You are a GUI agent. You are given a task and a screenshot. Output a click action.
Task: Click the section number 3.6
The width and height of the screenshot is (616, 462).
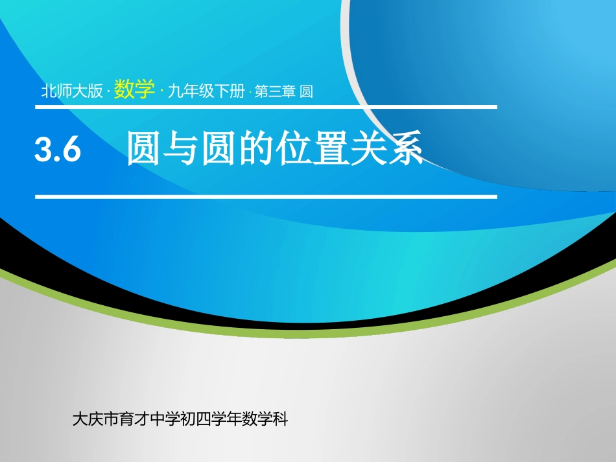(x=58, y=150)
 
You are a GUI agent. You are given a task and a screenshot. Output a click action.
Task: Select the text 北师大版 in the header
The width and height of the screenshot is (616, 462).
(x=72, y=91)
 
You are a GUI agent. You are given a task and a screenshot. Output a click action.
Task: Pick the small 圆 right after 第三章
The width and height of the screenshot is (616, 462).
(x=307, y=91)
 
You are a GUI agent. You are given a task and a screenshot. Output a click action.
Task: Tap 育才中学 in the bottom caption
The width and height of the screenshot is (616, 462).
(x=145, y=419)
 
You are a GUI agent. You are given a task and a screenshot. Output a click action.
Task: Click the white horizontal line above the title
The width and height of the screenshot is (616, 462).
(x=266, y=107)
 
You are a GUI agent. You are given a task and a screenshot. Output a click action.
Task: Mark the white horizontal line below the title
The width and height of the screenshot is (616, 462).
(x=266, y=196)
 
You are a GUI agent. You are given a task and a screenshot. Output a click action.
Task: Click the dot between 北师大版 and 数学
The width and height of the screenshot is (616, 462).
(x=108, y=92)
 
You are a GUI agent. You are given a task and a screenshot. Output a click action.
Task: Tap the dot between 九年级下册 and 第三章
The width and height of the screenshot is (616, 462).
(x=250, y=92)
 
